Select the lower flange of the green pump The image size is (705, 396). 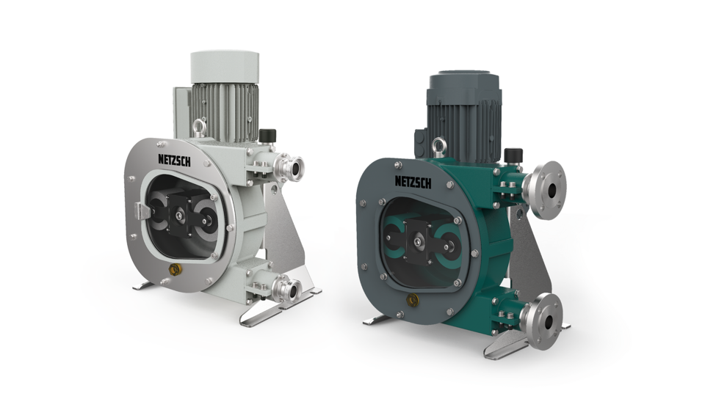pyautogui.click(x=544, y=311)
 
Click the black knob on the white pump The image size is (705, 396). pyautogui.click(x=267, y=137)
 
